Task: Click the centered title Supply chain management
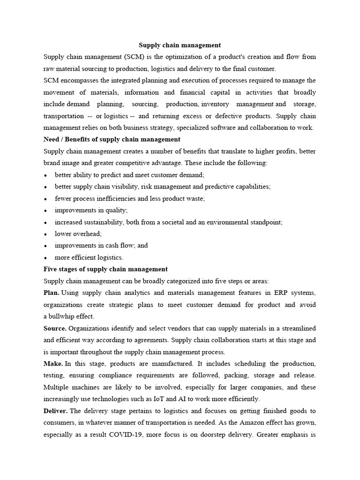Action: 180,45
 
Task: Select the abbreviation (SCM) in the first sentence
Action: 135,57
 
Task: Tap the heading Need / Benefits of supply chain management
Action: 112,139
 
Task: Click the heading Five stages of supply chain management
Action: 105,269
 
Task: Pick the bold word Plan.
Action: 51,293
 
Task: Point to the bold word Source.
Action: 55,328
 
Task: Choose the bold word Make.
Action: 52,364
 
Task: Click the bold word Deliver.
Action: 56,411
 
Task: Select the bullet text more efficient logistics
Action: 89,257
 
